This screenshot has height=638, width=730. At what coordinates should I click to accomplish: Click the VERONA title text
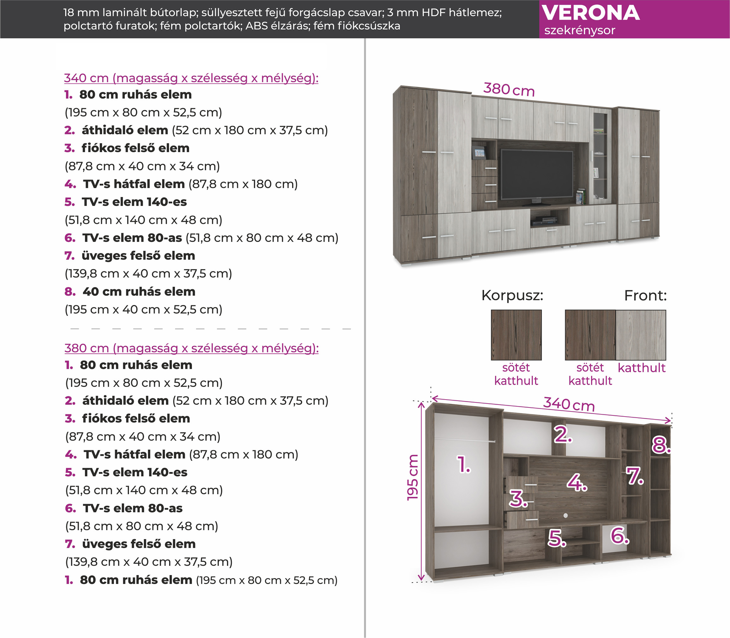click(590, 13)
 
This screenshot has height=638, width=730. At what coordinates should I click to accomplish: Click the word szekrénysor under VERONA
click(579, 31)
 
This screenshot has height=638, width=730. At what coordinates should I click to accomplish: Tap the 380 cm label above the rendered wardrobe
click(509, 89)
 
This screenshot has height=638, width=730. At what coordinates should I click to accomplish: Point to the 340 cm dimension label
click(569, 405)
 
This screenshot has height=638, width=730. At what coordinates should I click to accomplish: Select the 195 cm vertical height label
click(413, 477)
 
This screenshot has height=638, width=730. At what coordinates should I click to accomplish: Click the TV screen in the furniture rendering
click(537, 174)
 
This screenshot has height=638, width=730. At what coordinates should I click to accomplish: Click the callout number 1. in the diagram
click(464, 465)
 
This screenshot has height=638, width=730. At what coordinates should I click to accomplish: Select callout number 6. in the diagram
click(620, 536)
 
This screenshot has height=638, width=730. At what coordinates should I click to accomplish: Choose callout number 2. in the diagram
click(563, 434)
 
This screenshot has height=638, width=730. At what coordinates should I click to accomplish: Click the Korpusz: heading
click(512, 296)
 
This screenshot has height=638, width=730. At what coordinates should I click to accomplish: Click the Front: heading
click(645, 296)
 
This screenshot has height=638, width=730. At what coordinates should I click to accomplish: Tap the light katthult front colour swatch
click(640, 335)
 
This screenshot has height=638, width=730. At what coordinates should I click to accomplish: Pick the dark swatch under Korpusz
click(516, 335)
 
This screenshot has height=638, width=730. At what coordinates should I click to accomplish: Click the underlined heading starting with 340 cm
click(191, 78)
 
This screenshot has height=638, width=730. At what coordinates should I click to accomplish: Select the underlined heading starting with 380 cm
click(191, 348)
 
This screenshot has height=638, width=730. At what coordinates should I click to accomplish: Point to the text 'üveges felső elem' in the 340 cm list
click(138, 256)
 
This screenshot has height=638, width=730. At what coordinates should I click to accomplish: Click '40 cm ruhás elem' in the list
click(139, 291)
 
